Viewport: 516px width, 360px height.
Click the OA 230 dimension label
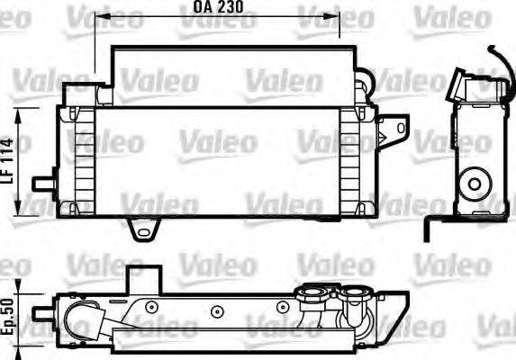click(x=217, y=8)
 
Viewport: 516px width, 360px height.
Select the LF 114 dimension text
click(x=9, y=161)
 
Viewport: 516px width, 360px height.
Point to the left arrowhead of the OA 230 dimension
click(x=100, y=16)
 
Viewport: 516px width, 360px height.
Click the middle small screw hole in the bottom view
click(x=216, y=311)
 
